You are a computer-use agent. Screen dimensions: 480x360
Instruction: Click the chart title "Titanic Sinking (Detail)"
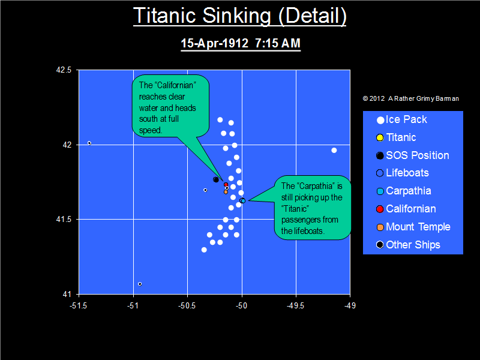[239, 16]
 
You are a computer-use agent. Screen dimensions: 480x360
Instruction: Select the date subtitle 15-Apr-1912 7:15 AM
[241, 43]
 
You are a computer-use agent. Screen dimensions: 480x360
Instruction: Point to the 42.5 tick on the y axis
[64, 70]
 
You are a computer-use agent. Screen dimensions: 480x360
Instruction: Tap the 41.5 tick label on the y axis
[64, 220]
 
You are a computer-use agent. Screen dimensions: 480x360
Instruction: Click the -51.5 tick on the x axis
[79, 305]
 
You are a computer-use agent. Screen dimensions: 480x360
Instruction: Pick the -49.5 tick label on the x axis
[295, 305]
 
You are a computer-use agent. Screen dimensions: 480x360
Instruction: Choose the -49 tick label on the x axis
[350, 305]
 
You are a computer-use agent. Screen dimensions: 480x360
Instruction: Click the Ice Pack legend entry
[401, 119]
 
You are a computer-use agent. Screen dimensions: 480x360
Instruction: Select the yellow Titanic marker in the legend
[380, 138]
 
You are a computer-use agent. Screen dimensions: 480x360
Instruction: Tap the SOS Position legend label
[418, 155]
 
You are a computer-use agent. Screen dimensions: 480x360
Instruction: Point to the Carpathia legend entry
[404, 191]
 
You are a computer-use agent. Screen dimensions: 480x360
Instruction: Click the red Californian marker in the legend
[380, 209]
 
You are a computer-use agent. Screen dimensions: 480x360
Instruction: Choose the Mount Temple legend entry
[413, 227]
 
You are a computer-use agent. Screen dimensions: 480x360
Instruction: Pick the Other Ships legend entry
[409, 245]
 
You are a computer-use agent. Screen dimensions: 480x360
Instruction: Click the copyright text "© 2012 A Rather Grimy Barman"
[411, 98]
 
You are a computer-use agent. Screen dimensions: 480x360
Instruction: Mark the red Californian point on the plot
[226, 185]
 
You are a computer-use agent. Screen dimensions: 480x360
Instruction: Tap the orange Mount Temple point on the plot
[226, 192]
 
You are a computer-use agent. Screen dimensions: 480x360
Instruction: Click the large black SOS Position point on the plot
[216, 179]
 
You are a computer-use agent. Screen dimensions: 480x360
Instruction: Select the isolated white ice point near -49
[334, 151]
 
